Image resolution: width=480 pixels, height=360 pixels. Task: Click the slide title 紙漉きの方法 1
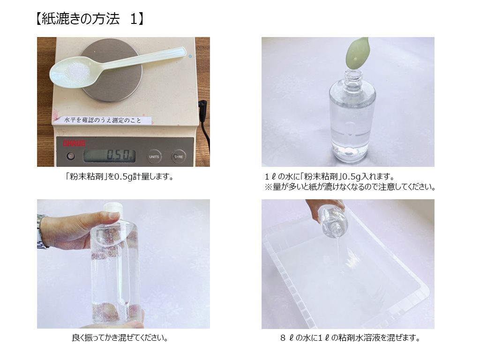pyautogui.click(x=90, y=19)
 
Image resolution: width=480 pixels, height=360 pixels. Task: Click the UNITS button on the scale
pyautogui.click(x=154, y=156)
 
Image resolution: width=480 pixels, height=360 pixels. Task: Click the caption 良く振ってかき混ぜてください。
pyautogui.click(x=120, y=337)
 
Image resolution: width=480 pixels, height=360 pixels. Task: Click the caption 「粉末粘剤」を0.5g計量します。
pyautogui.click(x=120, y=177)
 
